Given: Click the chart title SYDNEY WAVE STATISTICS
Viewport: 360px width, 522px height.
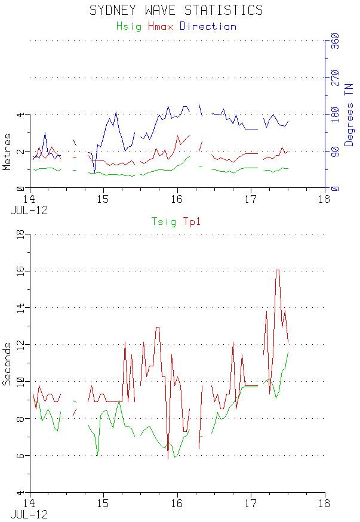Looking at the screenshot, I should (176, 10).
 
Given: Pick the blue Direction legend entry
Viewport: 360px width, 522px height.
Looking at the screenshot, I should (208, 26).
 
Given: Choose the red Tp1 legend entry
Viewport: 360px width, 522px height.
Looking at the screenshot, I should (191, 222).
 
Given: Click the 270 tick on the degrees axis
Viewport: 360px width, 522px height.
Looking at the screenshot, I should (335, 78).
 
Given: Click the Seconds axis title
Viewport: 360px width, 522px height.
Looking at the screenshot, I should (7, 363).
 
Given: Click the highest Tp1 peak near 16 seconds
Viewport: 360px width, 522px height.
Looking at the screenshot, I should (278, 270).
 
